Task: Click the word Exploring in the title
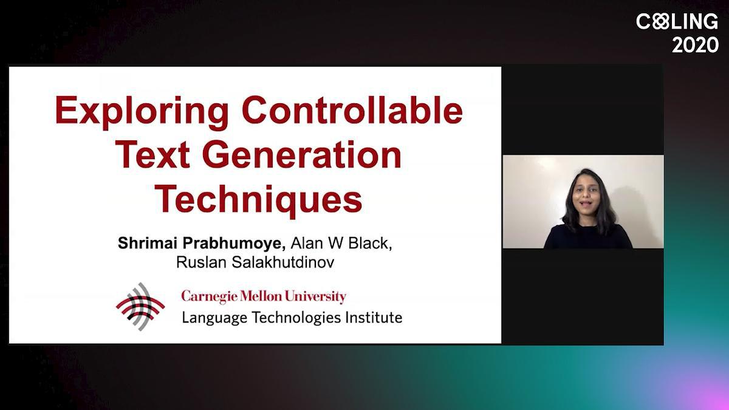pyautogui.click(x=142, y=112)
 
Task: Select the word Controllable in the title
pyautogui.click(x=352, y=110)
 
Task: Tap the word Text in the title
pyautogui.click(x=152, y=154)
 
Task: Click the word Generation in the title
pyautogui.click(x=302, y=154)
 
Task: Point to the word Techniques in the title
pyautogui.click(x=258, y=199)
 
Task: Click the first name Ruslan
pyautogui.click(x=201, y=262)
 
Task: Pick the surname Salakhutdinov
pyautogui.click(x=283, y=262)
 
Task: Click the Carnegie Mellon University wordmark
pyautogui.click(x=264, y=297)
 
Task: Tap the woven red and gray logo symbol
pyautogui.click(x=140, y=307)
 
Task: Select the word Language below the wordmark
pyautogui.click(x=214, y=318)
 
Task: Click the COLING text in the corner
pyautogui.click(x=677, y=21)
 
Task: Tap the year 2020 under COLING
pyautogui.click(x=695, y=45)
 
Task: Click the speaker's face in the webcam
pyautogui.click(x=586, y=195)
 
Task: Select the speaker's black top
pyautogui.click(x=588, y=237)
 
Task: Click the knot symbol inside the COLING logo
pyautogui.click(x=660, y=21)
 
